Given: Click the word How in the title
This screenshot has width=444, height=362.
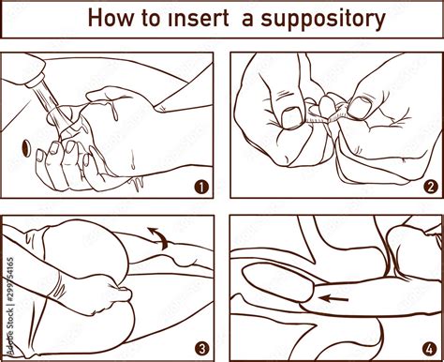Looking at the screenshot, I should point(110,19).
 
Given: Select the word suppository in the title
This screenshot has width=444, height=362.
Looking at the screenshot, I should point(327,20).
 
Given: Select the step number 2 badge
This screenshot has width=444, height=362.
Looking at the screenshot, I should point(430,186).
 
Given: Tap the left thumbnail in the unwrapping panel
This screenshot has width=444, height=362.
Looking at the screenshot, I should point(291,117).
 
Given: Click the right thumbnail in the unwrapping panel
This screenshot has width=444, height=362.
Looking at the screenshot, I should point(358,107).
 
